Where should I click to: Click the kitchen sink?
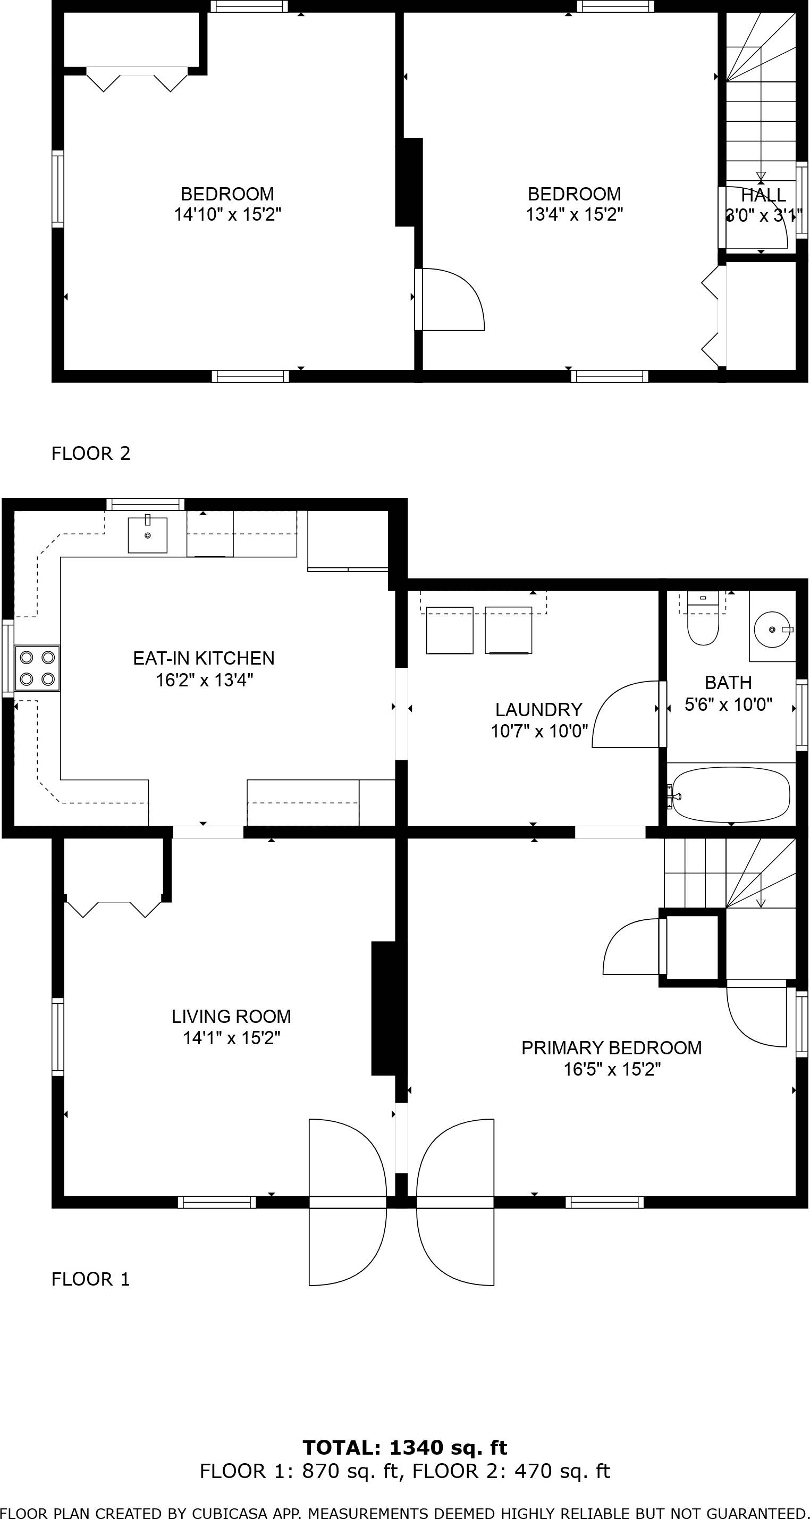tap(147, 534)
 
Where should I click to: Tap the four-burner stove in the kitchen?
tap(37, 667)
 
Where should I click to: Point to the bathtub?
tap(731, 794)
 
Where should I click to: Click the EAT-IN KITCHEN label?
tap(204, 658)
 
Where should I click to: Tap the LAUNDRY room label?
tap(538, 709)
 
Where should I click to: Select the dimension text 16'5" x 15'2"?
tap(612, 1069)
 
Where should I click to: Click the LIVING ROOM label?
tap(231, 1017)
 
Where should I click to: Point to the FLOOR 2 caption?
tap(91, 454)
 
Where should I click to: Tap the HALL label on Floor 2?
tap(763, 195)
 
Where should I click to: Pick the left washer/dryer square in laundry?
tap(449, 631)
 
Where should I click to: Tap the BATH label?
tap(728, 683)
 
